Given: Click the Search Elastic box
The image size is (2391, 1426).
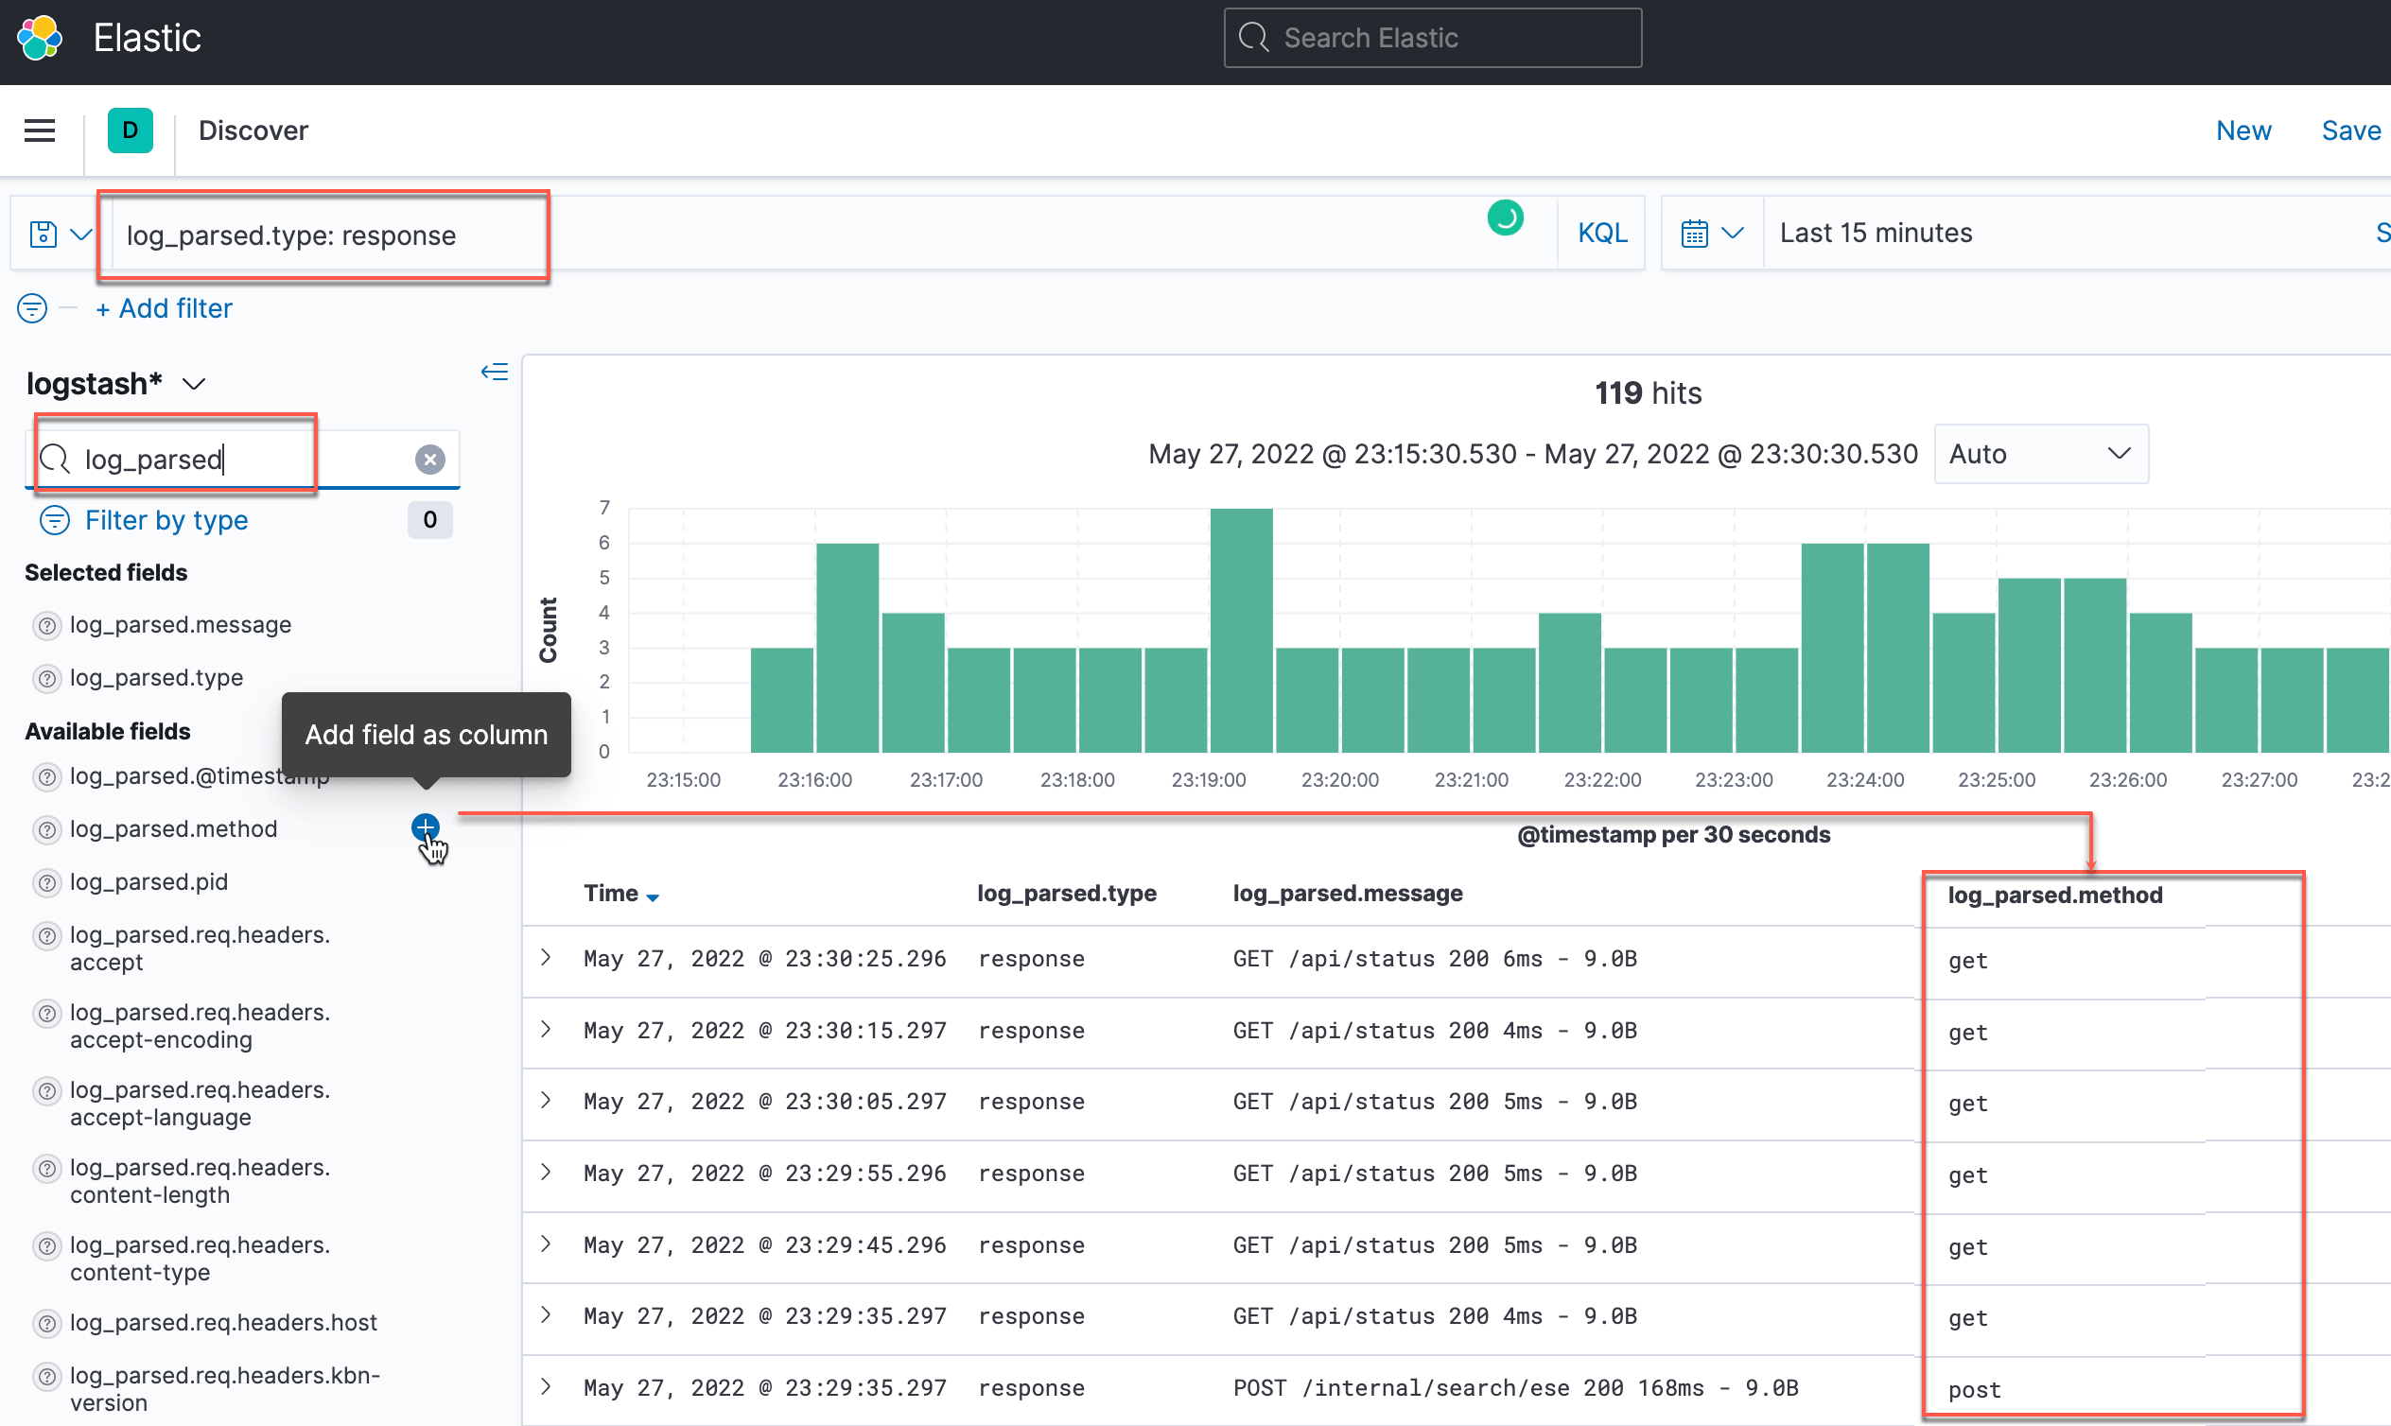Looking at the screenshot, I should (x=1432, y=38).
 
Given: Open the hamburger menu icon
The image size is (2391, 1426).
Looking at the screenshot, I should (x=40, y=130).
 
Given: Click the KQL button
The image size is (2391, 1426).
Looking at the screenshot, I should (x=1601, y=234).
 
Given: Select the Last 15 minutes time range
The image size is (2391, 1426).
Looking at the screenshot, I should (x=1875, y=234).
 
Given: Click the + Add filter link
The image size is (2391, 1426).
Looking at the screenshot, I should (x=165, y=308).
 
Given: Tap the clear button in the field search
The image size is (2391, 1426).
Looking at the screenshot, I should (x=429, y=460).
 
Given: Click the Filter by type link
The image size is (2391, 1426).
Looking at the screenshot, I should (x=166, y=520).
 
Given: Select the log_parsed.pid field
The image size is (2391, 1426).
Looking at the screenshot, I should (x=148, y=882).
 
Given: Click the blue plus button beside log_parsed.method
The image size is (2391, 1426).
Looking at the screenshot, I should (x=425, y=827).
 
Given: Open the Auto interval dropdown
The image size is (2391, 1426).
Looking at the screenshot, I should (x=2039, y=454).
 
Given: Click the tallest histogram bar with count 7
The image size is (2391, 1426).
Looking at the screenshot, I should (x=1241, y=630).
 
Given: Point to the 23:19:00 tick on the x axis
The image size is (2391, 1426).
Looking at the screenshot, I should (x=1208, y=780).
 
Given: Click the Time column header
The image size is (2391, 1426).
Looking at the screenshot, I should (x=611, y=894).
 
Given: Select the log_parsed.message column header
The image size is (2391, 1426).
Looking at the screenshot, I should (x=1348, y=894).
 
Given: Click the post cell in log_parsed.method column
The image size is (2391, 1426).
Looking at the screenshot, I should (x=1974, y=1389).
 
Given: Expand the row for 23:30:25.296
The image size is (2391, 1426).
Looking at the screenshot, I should (x=546, y=957).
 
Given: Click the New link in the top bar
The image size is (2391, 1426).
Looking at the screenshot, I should (x=2243, y=130).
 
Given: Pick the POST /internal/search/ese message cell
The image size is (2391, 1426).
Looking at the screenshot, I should (x=1514, y=1388).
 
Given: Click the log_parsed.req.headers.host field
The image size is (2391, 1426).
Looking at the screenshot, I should (x=223, y=1322).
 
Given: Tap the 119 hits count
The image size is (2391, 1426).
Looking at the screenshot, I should (x=1648, y=393).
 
